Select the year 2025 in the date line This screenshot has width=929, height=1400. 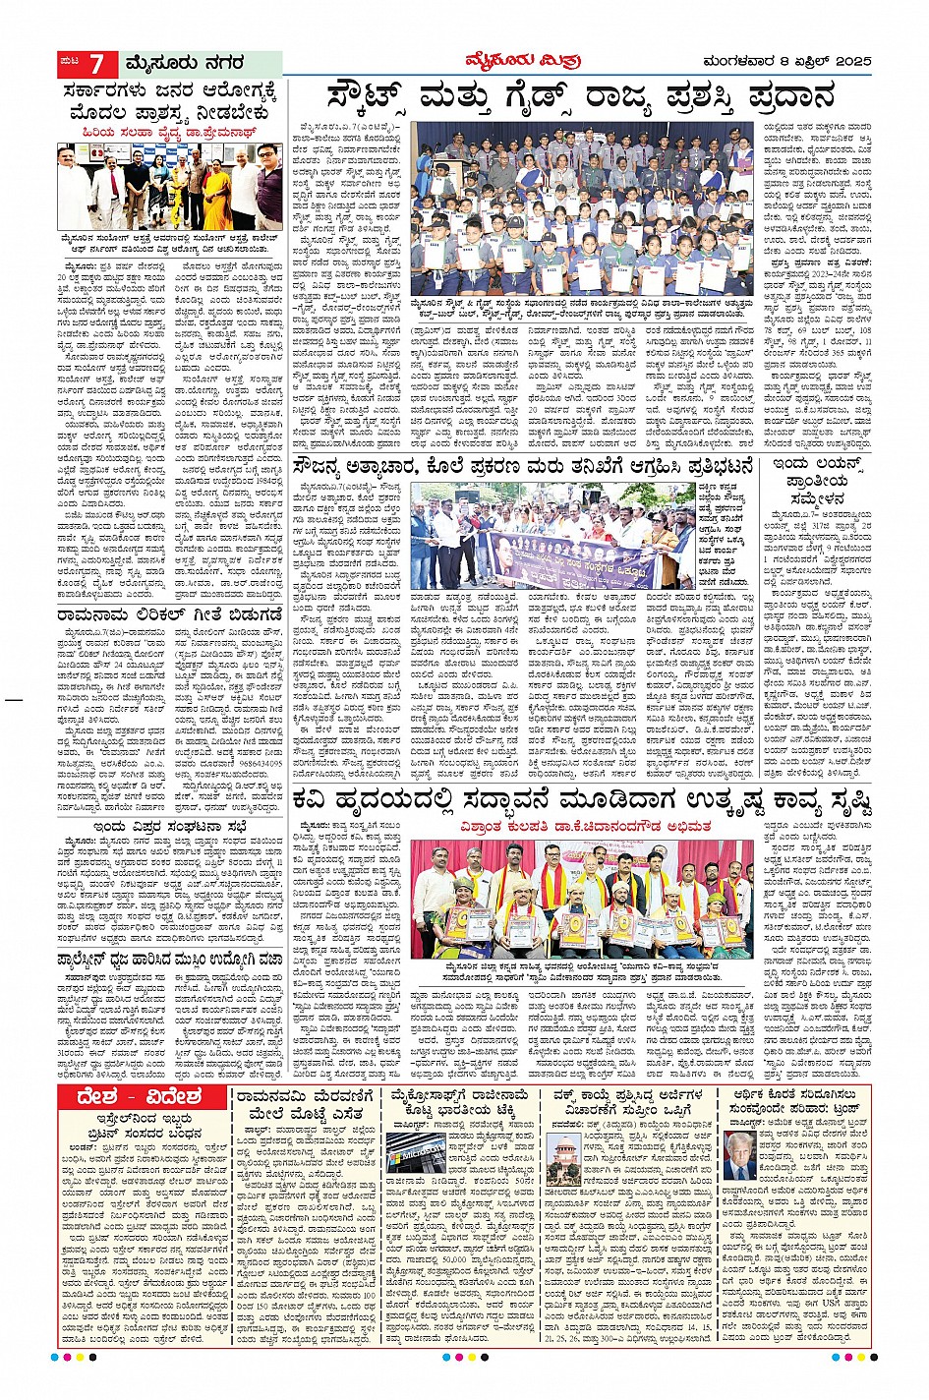(847, 64)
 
